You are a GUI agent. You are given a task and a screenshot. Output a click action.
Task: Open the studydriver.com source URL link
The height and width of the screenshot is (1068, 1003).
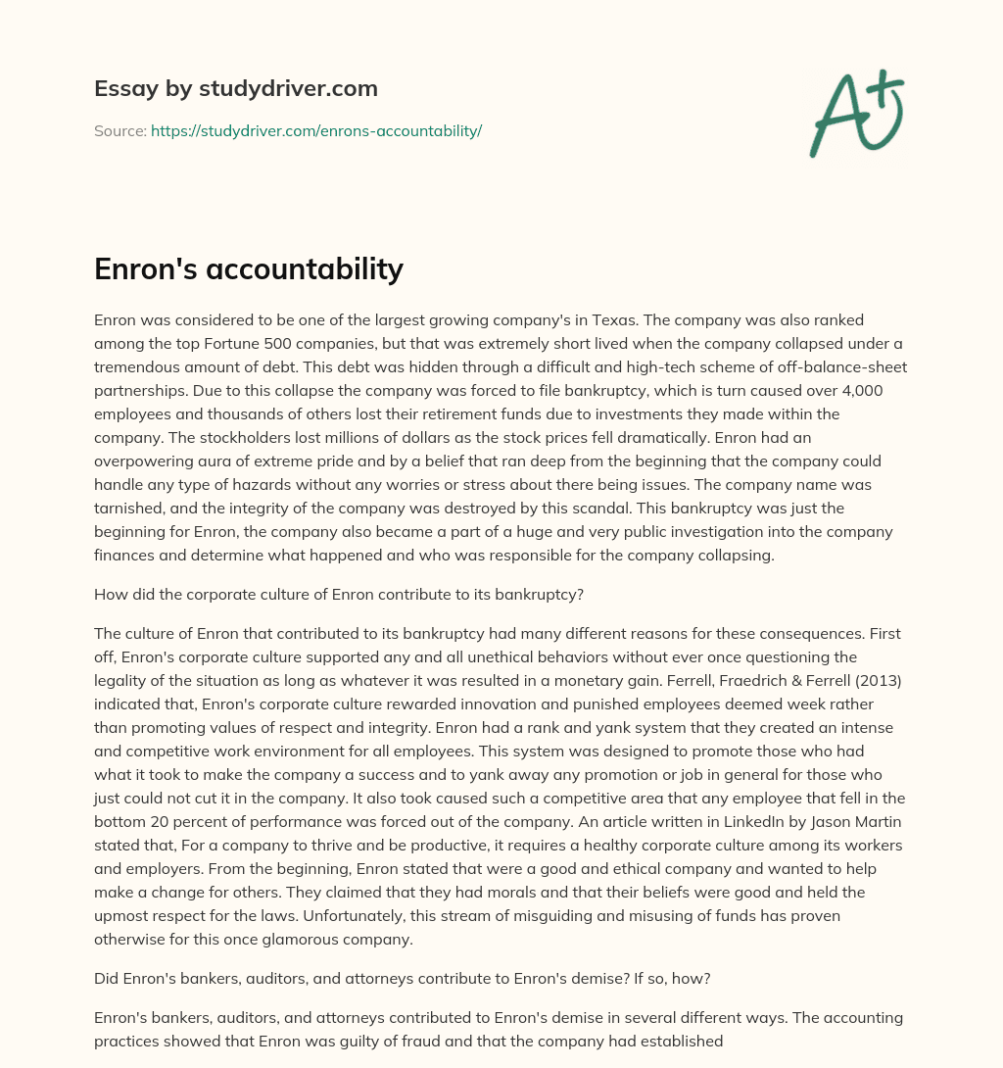pyautogui.click(x=315, y=130)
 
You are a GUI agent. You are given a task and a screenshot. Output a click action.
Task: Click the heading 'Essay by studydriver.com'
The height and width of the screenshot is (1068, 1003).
pyautogui.click(x=235, y=88)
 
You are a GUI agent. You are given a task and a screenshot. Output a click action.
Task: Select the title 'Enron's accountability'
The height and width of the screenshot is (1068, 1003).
pyautogui.click(x=249, y=268)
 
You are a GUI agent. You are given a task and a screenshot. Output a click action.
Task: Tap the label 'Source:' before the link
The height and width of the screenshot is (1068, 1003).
pyautogui.click(x=119, y=130)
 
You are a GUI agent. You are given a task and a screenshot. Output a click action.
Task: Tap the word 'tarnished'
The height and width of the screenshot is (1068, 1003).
pyautogui.click(x=131, y=509)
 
